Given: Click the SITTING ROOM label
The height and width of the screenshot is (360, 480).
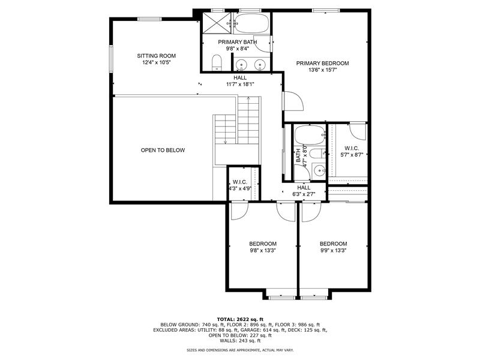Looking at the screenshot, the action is tap(156, 56).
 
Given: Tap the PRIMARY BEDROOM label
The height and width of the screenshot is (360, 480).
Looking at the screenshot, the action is tap(322, 64).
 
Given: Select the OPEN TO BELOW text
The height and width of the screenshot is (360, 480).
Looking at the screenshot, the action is tap(163, 151).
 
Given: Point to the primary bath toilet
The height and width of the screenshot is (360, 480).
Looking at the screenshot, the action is tap(217, 63).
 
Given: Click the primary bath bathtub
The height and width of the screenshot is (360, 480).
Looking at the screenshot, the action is tap(252, 23).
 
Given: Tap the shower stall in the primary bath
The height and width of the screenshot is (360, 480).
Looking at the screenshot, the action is tap(217, 23).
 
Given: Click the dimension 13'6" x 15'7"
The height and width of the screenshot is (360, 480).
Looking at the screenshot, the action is tap(323, 70).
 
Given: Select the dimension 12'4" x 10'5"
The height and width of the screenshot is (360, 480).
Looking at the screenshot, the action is tap(156, 62).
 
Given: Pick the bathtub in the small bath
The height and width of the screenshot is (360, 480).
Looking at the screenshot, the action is tap(310, 135).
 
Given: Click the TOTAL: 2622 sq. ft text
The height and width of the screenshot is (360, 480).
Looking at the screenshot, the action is tap(241, 320).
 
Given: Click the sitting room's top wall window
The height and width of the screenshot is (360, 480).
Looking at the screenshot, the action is tap(149, 19).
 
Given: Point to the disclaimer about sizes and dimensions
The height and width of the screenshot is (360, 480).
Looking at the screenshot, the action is tap(241, 350).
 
